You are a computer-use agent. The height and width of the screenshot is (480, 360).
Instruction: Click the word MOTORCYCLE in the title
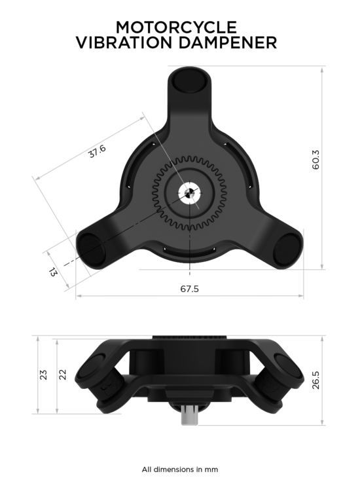(176, 28)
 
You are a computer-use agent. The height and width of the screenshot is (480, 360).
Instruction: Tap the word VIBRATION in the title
(124, 43)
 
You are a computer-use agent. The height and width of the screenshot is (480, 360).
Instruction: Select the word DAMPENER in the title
(228, 43)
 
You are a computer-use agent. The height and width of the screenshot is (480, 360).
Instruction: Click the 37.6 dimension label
(98, 151)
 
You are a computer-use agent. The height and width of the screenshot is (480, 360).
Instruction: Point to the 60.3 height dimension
(315, 160)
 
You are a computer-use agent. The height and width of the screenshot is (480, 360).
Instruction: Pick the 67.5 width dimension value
(189, 289)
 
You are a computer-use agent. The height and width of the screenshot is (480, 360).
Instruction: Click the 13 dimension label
(53, 272)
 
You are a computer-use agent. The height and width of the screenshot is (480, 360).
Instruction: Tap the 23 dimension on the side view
(44, 375)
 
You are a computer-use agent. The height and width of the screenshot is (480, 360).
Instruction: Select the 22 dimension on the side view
(62, 375)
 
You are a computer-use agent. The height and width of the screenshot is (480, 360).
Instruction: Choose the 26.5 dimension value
(315, 380)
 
